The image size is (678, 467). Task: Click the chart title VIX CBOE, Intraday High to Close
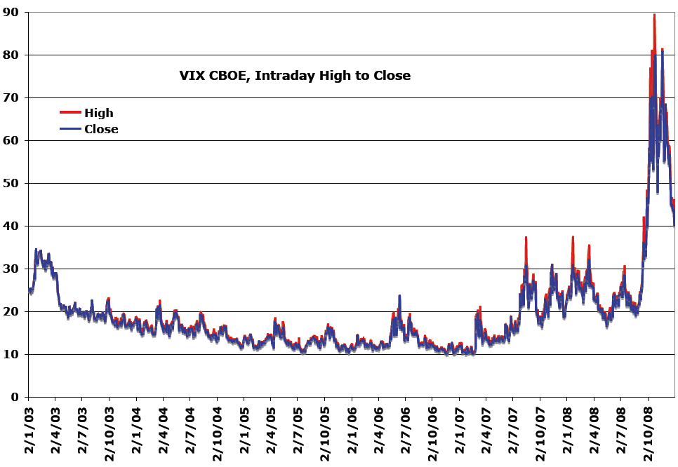click(295, 76)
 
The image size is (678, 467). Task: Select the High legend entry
click(98, 113)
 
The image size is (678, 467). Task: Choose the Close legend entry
click(101, 129)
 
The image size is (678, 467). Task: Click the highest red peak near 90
click(654, 15)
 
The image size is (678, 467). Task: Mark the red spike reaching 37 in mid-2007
click(525, 238)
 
